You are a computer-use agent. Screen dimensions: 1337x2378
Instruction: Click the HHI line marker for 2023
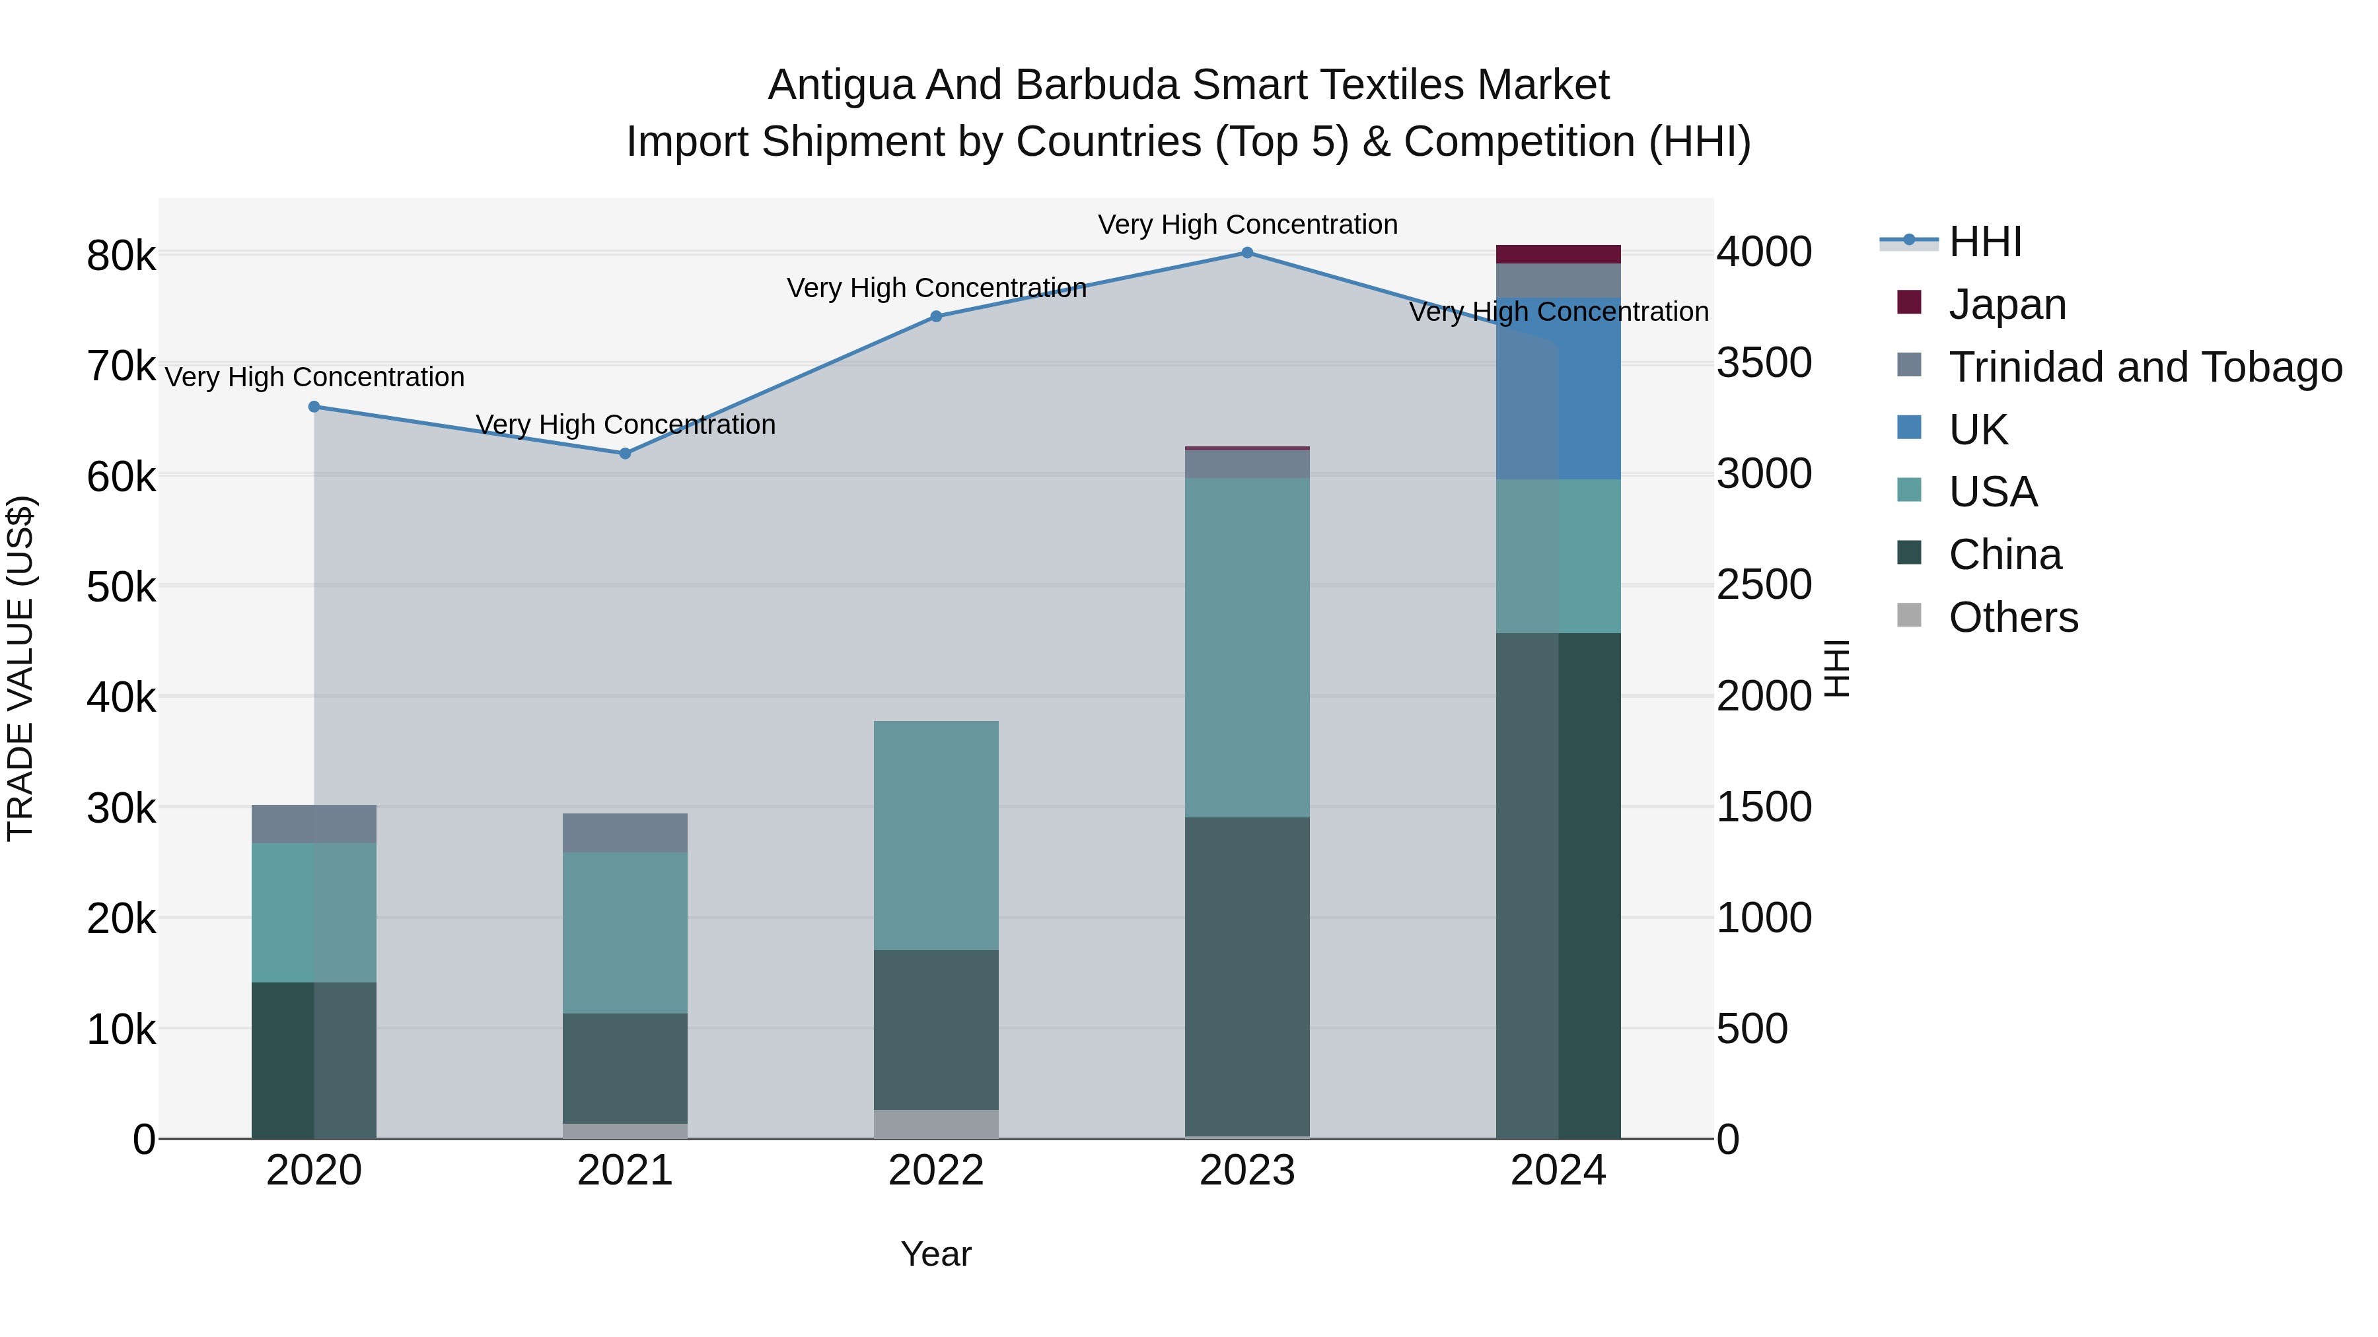[x=1246, y=253]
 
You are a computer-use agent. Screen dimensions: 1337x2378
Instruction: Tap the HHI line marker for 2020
[x=314, y=407]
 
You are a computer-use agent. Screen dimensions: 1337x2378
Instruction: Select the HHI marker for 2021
[x=625, y=453]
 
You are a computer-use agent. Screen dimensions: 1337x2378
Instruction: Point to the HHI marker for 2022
[x=936, y=316]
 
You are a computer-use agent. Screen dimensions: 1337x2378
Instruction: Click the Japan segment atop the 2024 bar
[x=1558, y=255]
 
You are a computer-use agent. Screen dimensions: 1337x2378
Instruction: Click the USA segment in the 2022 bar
[x=936, y=835]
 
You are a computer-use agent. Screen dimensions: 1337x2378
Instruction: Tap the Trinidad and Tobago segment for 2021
[x=625, y=833]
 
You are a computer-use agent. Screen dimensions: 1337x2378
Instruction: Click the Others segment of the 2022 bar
[x=936, y=1123]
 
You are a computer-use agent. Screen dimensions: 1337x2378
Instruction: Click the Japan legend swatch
[x=1908, y=302]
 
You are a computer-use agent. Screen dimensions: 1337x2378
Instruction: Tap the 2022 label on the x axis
[x=936, y=1171]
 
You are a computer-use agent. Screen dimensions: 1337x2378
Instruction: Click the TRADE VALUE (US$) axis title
[x=21, y=668]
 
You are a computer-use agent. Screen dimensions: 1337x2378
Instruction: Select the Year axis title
[x=936, y=1254]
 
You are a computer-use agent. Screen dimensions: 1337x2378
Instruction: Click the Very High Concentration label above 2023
[x=1247, y=225]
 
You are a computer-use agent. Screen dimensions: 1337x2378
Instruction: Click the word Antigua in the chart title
[x=841, y=86]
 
